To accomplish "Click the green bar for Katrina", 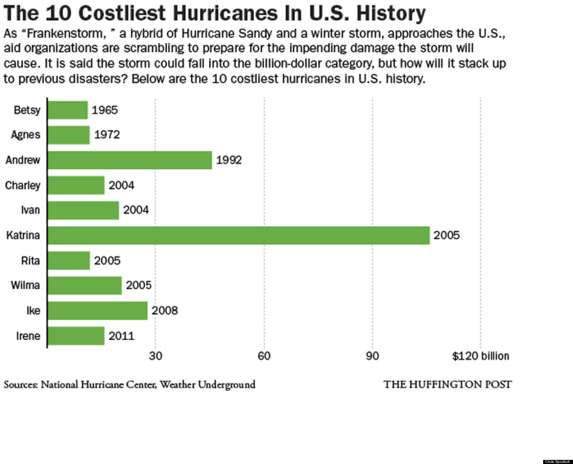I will pos(239,235).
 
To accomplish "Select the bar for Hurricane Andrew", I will pos(130,160).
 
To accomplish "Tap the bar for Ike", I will pos(98,310).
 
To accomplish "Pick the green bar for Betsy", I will pos(68,110).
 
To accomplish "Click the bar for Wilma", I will pos(85,285).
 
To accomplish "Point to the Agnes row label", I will pos(25,135).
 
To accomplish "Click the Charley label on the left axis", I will pos(23,185).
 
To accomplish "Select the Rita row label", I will pos(30,260).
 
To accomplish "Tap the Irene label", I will pos(28,336).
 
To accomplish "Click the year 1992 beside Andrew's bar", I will pos(229,160).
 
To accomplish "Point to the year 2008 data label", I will pos(165,310).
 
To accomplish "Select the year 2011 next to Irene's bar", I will pos(121,336).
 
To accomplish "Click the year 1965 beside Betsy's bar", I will pos(105,110).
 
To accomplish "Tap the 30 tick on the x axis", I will pos(156,356).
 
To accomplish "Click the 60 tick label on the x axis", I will pos(264,356).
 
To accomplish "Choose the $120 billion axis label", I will pos(480,356).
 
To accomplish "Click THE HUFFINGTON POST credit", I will pos(448,384).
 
